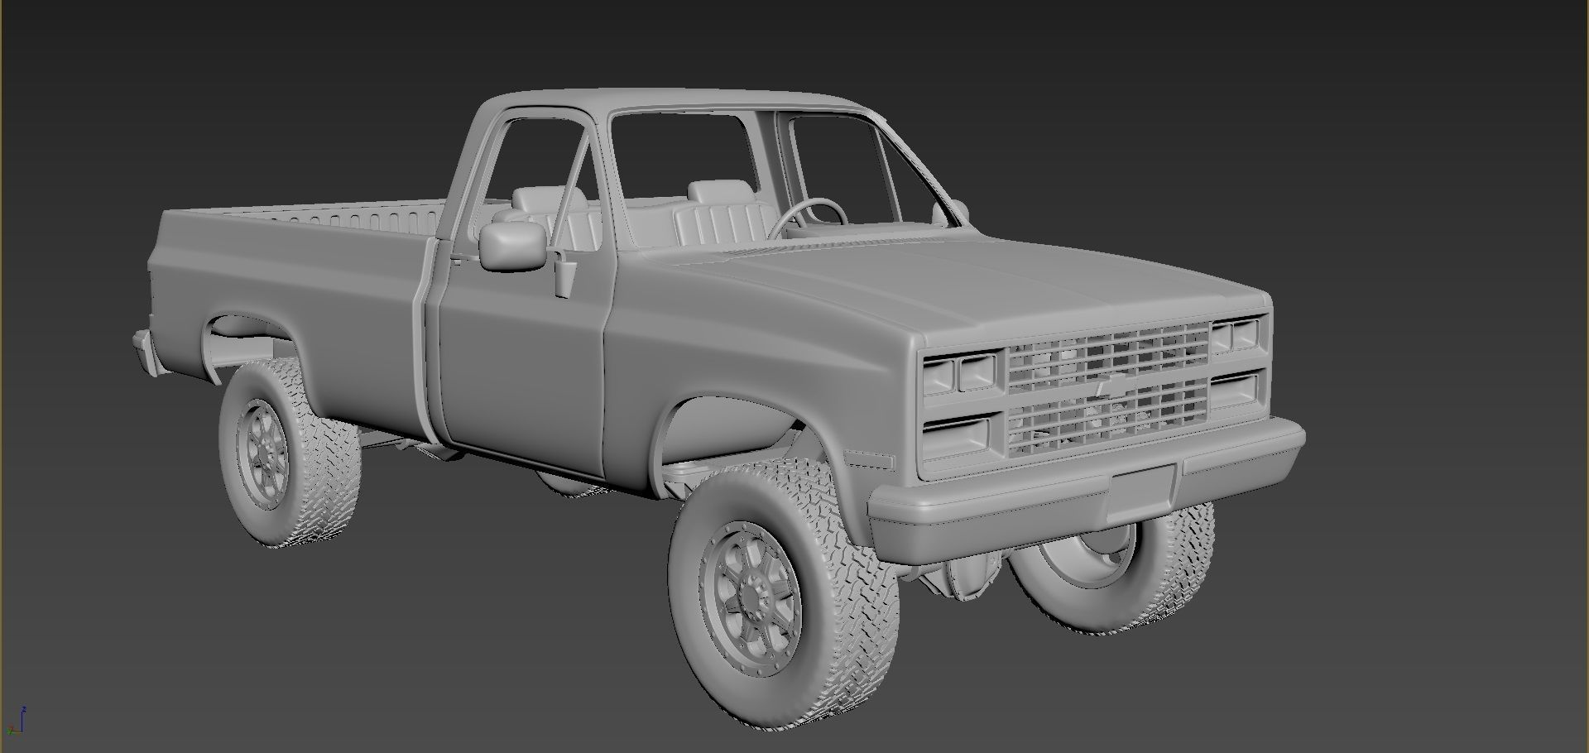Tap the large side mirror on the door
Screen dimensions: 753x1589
pyautogui.click(x=512, y=245)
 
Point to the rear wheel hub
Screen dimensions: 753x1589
pyautogui.click(x=262, y=452)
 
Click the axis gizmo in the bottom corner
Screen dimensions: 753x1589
pyautogui.click(x=18, y=721)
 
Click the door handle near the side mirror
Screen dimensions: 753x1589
pyautogui.click(x=456, y=261)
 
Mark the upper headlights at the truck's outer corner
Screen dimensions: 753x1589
pyautogui.click(x=960, y=373)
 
